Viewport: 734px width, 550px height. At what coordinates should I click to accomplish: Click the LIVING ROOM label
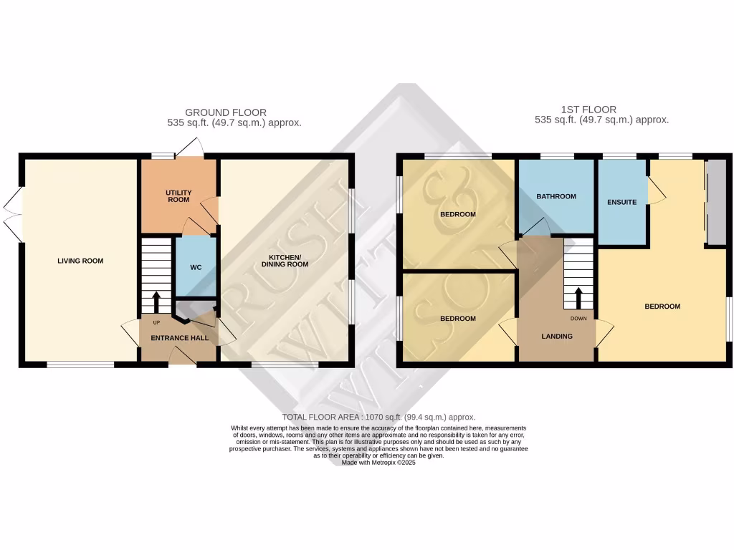pyautogui.click(x=80, y=261)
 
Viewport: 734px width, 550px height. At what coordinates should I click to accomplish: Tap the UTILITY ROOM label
pyautogui.click(x=178, y=196)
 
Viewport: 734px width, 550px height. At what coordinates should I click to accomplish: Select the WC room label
pyautogui.click(x=196, y=268)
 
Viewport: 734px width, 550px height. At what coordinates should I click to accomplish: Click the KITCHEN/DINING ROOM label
pyautogui.click(x=288, y=261)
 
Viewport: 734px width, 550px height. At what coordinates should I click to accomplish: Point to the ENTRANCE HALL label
pyautogui.click(x=179, y=338)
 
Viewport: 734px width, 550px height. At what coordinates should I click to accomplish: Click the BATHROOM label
pyautogui.click(x=556, y=196)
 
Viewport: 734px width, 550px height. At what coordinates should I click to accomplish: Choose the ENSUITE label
pyautogui.click(x=621, y=202)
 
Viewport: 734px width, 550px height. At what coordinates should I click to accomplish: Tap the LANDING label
pyautogui.click(x=556, y=336)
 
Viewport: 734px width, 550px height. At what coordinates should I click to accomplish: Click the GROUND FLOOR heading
pyautogui.click(x=226, y=112)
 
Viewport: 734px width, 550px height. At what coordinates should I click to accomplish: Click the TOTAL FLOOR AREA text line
pyautogui.click(x=378, y=417)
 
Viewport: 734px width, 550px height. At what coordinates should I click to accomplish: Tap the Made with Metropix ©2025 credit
pyautogui.click(x=378, y=463)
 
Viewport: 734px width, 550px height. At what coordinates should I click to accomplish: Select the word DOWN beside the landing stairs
pyautogui.click(x=578, y=319)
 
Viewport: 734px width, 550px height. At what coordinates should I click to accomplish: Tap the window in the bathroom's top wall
pyautogui.click(x=556, y=156)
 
